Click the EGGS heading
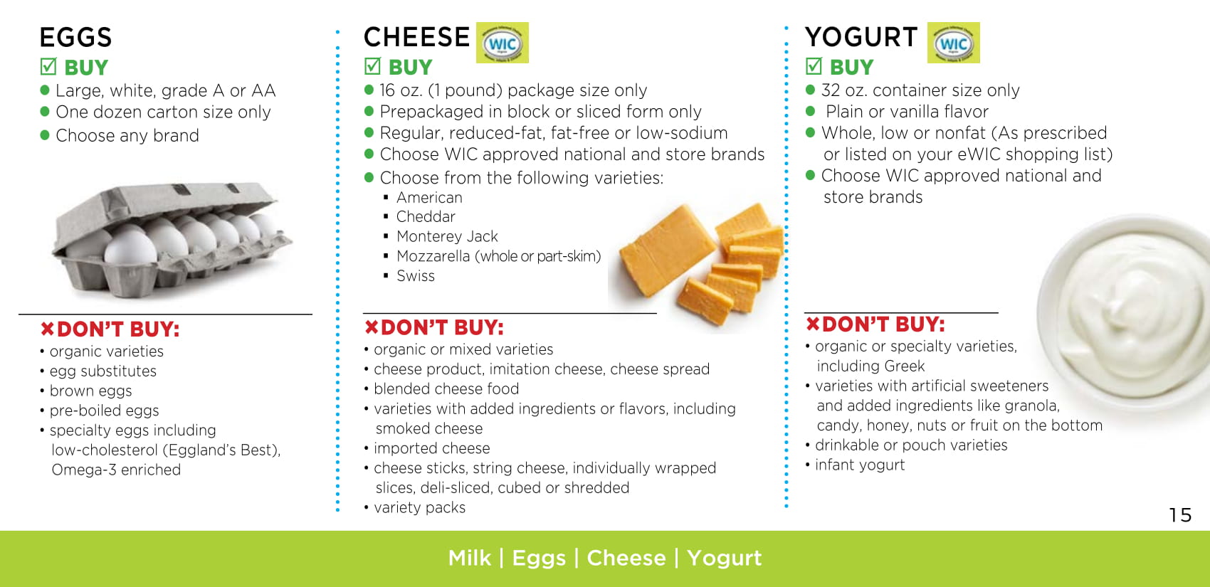coord(75,37)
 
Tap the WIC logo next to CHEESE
coord(503,43)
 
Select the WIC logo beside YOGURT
coord(954,43)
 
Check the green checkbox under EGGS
coord(48,66)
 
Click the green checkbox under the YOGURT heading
coord(814,66)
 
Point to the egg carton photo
coord(172,240)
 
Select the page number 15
coord(1180,515)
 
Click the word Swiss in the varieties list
coord(416,276)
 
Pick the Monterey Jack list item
coord(447,236)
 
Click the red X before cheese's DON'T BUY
coord(372,327)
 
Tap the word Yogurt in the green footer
coord(725,559)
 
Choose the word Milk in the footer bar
coord(470,558)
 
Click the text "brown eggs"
coord(91,391)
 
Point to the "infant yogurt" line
coord(860,465)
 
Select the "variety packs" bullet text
coord(420,507)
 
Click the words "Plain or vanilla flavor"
coord(907,112)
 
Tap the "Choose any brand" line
coord(127,136)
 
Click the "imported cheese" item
coord(432,448)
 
